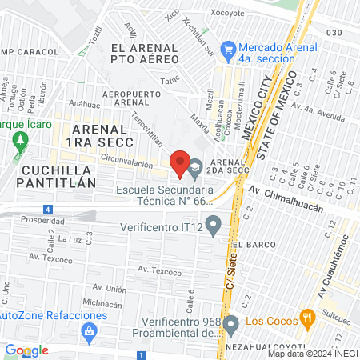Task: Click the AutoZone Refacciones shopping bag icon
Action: [90, 330]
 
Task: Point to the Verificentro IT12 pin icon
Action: [213, 225]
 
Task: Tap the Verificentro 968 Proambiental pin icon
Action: [231, 325]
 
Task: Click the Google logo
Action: [26, 350]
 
